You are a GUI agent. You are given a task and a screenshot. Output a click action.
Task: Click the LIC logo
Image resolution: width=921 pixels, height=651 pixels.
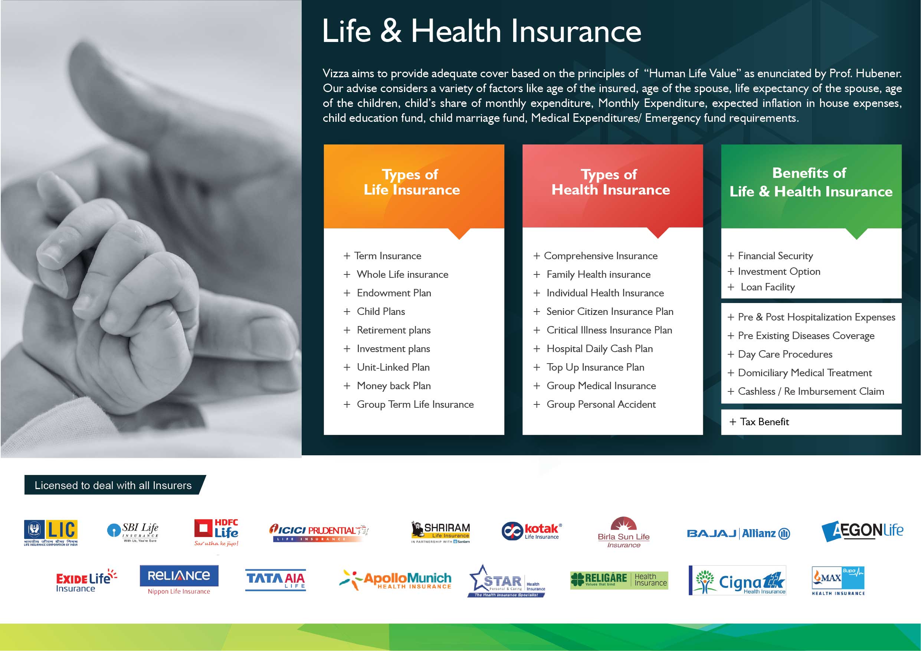point(50,533)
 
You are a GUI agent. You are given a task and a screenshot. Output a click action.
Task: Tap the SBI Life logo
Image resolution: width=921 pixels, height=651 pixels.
point(133,532)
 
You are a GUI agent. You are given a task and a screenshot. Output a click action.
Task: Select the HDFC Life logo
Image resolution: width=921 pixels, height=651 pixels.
point(216,533)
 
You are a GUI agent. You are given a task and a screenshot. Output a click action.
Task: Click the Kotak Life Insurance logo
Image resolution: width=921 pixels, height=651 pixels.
point(532,531)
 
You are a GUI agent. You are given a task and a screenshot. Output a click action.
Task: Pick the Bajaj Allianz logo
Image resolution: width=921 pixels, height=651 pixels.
point(738,533)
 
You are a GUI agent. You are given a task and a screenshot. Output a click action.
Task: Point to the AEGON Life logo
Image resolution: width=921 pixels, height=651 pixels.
point(862,531)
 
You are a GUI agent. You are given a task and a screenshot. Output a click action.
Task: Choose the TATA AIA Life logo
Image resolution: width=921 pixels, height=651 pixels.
point(276,580)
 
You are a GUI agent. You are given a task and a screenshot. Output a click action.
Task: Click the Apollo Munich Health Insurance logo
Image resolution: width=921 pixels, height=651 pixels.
point(395,580)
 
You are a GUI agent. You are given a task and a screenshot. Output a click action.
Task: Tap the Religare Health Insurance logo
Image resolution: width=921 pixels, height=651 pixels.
point(619,580)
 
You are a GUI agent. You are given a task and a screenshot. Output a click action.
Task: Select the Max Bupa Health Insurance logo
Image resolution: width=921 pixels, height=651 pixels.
point(838,581)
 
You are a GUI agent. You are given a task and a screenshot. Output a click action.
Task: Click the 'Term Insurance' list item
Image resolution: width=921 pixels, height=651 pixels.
point(387,255)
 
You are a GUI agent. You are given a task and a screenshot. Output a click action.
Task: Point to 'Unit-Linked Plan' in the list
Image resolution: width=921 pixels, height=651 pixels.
point(393,367)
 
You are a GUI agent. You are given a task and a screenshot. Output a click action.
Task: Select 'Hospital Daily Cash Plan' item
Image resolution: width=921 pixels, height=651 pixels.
point(600,349)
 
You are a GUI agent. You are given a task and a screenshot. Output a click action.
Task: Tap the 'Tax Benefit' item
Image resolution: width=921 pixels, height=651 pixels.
point(764,421)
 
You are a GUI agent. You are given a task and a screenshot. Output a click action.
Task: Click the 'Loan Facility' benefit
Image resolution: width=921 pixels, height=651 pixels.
point(767,287)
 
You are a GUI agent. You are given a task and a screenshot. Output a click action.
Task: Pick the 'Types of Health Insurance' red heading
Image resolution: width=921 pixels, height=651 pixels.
point(610,182)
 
